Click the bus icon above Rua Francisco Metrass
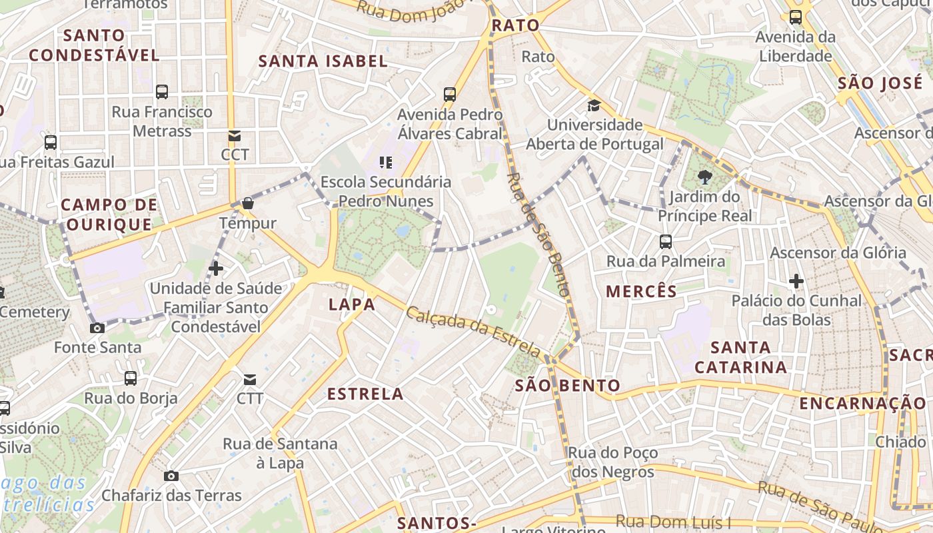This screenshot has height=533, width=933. click(x=162, y=92)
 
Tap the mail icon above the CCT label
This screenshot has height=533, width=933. click(x=235, y=136)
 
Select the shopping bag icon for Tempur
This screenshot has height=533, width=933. click(x=248, y=203)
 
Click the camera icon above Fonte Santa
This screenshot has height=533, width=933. click(x=97, y=328)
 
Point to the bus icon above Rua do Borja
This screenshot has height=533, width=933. click(x=131, y=378)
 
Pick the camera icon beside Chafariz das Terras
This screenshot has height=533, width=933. click(x=171, y=476)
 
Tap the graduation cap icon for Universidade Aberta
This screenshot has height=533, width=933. click(x=594, y=105)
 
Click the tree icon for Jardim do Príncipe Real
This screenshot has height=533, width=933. click(x=704, y=177)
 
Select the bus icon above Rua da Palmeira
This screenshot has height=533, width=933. click(x=665, y=241)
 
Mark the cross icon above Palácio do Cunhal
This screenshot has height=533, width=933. click(x=796, y=281)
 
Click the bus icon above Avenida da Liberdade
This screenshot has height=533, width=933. click(x=795, y=18)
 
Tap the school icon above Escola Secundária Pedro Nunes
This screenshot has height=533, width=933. click(x=385, y=162)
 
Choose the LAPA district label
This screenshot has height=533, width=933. click(x=352, y=304)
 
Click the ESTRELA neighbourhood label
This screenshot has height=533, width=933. click(x=365, y=394)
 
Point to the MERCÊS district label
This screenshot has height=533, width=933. click(x=641, y=291)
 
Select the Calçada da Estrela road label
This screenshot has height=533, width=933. click(x=474, y=331)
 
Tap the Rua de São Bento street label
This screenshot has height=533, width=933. click(x=538, y=233)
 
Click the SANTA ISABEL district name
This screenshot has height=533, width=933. click(x=323, y=61)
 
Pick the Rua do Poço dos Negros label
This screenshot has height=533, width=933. click(x=612, y=462)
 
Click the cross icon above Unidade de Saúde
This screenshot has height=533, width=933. click(x=215, y=268)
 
